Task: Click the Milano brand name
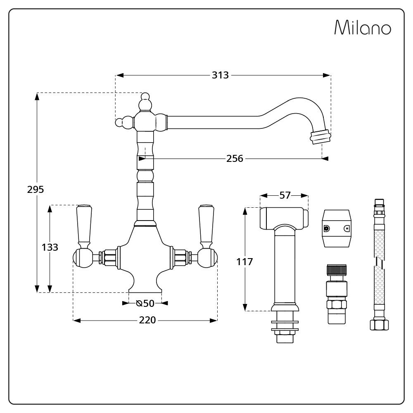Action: [x=363, y=27]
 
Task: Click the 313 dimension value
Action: [x=221, y=75]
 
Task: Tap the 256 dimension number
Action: [x=235, y=159]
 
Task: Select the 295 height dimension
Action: [x=36, y=190]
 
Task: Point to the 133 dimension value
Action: [x=50, y=247]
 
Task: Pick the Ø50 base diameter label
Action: [x=145, y=304]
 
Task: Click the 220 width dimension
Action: [x=147, y=320]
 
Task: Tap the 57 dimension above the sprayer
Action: [x=285, y=195]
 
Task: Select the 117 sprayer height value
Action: [x=244, y=262]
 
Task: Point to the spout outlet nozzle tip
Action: [x=320, y=136]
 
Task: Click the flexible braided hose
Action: [x=379, y=264]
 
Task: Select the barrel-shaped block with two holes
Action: [x=337, y=228]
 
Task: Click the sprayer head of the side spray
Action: [x=284, y=218]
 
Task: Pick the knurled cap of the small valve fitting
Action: [x=337, y=270]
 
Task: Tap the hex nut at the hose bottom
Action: [x=380, y=325]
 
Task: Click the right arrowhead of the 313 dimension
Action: [x=327, y=75]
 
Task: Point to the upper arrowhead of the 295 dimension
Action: [x=37, y=97]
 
